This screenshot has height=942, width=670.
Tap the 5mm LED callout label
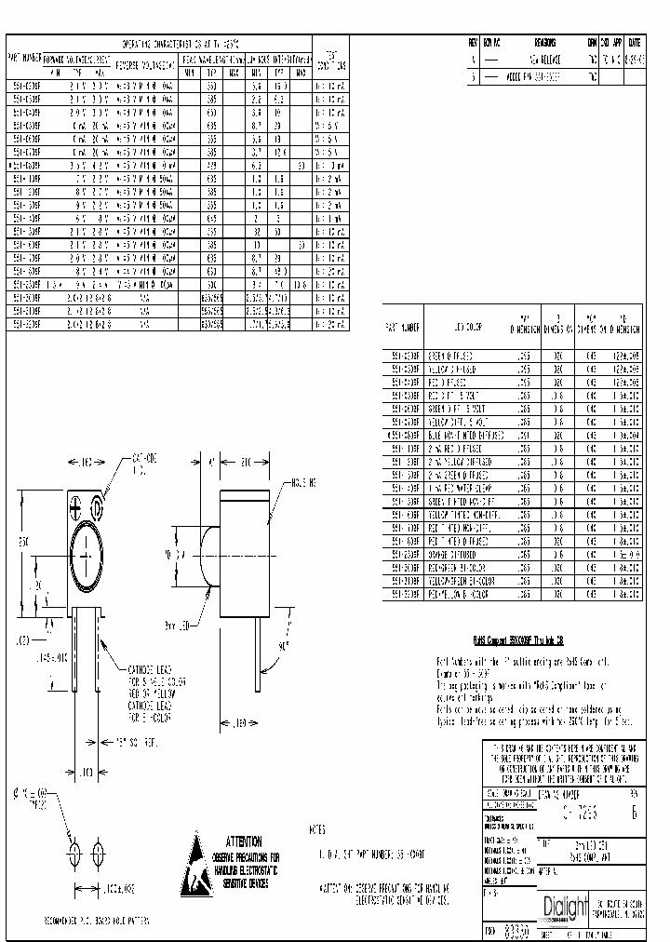pos(194,600)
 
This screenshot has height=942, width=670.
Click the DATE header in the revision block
pos(634,43)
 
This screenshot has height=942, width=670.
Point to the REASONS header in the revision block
pos(545,43)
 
